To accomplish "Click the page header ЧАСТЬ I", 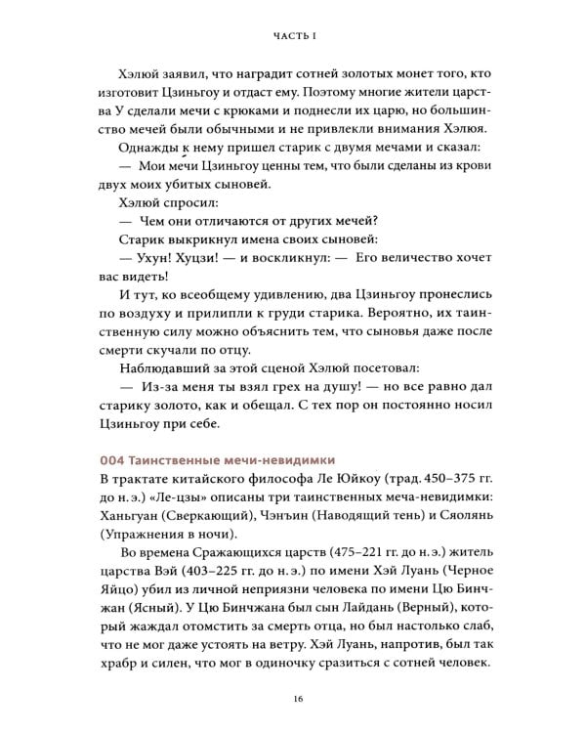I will point(293,36).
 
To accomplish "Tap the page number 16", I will point(293,696).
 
